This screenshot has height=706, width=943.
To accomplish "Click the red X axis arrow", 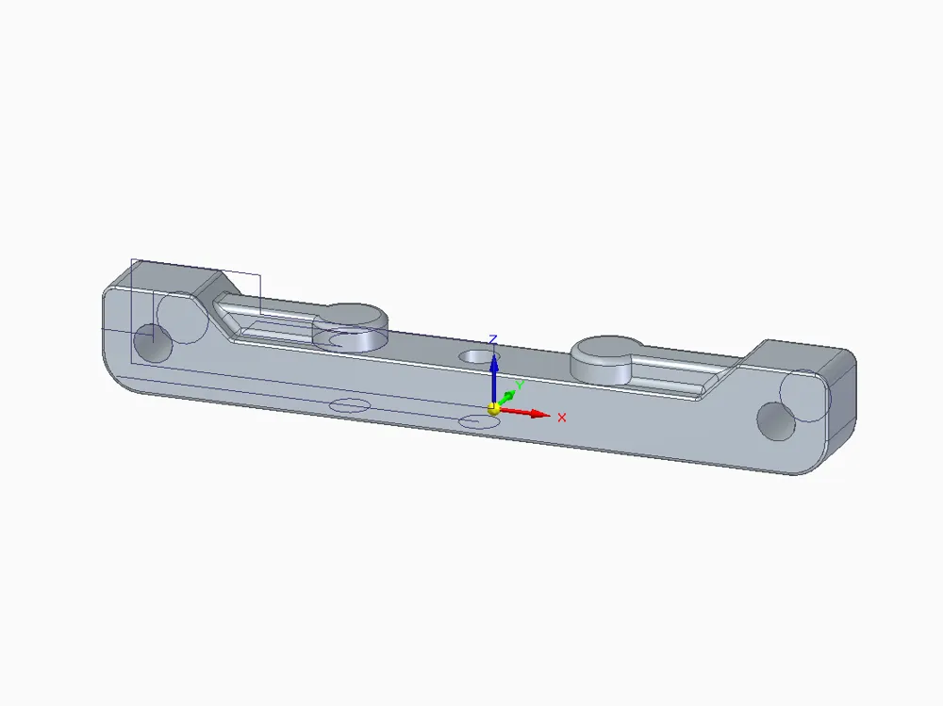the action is pos(524,413).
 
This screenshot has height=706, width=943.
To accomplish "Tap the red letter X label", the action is pos(562,418).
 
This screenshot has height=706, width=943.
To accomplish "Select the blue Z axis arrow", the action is pos(494,379).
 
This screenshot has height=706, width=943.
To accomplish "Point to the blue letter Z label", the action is pos(493,340).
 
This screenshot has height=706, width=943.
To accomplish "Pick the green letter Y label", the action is pos(521,386).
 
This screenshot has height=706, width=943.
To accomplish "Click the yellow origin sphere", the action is pos(494,409).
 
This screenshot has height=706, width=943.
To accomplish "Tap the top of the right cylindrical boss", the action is pos(607,349).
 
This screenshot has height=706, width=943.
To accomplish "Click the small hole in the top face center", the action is pos(479,356).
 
